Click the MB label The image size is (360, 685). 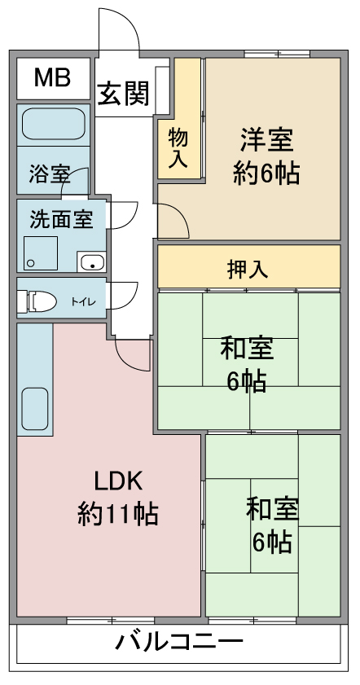click(x=52, y=78)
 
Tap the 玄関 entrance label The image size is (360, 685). click(x=123, y=93)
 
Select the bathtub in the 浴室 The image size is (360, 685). click(x=53, y=124)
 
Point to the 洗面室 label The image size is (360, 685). click(x=61, y=219)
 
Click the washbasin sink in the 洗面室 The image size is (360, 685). click(x=91, y=261)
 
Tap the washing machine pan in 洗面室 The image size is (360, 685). click(x=40, y=253)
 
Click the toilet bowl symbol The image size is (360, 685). click(x=37, y=301)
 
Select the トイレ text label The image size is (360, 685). click(x=83, y=301)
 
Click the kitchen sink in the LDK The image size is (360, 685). click(x=34, y=409)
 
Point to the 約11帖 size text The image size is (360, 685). click(x=118, y=515)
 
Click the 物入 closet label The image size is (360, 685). click(x=178, y=149)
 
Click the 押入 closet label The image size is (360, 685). click(x=248, y=270)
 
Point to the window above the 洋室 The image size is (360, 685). click(x=277, y=55)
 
